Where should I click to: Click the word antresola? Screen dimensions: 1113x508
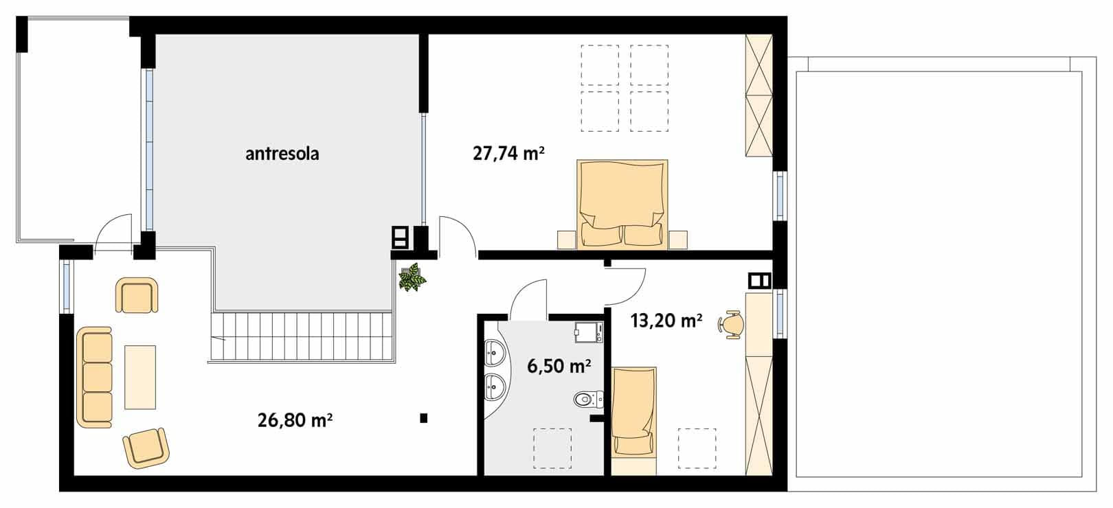[282, 154]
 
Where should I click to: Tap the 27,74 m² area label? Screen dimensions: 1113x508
[508, 154]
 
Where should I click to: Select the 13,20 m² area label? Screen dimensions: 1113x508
[666, 321]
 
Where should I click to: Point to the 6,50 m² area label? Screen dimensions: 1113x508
[559, 366]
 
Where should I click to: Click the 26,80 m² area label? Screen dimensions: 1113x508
[295, 420]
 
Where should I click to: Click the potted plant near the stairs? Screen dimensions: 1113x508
[412, 277]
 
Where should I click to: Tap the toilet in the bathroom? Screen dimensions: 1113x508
[589, 399]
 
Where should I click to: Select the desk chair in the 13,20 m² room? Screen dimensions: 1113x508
[730, 324]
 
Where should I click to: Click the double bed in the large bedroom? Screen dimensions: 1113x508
[622, 203]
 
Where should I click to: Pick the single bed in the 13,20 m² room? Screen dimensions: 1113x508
[633, 412]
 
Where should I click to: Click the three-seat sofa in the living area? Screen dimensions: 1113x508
[94, 378]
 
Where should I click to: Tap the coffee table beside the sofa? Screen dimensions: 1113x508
[140, 378]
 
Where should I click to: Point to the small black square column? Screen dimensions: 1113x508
[423, 418]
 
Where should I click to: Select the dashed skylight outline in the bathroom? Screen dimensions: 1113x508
[552, 448]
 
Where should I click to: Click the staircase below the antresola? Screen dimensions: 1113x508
[302, 336]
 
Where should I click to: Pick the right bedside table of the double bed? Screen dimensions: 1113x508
[678, 240]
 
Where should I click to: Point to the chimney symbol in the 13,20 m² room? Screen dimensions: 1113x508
[760, 281]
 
